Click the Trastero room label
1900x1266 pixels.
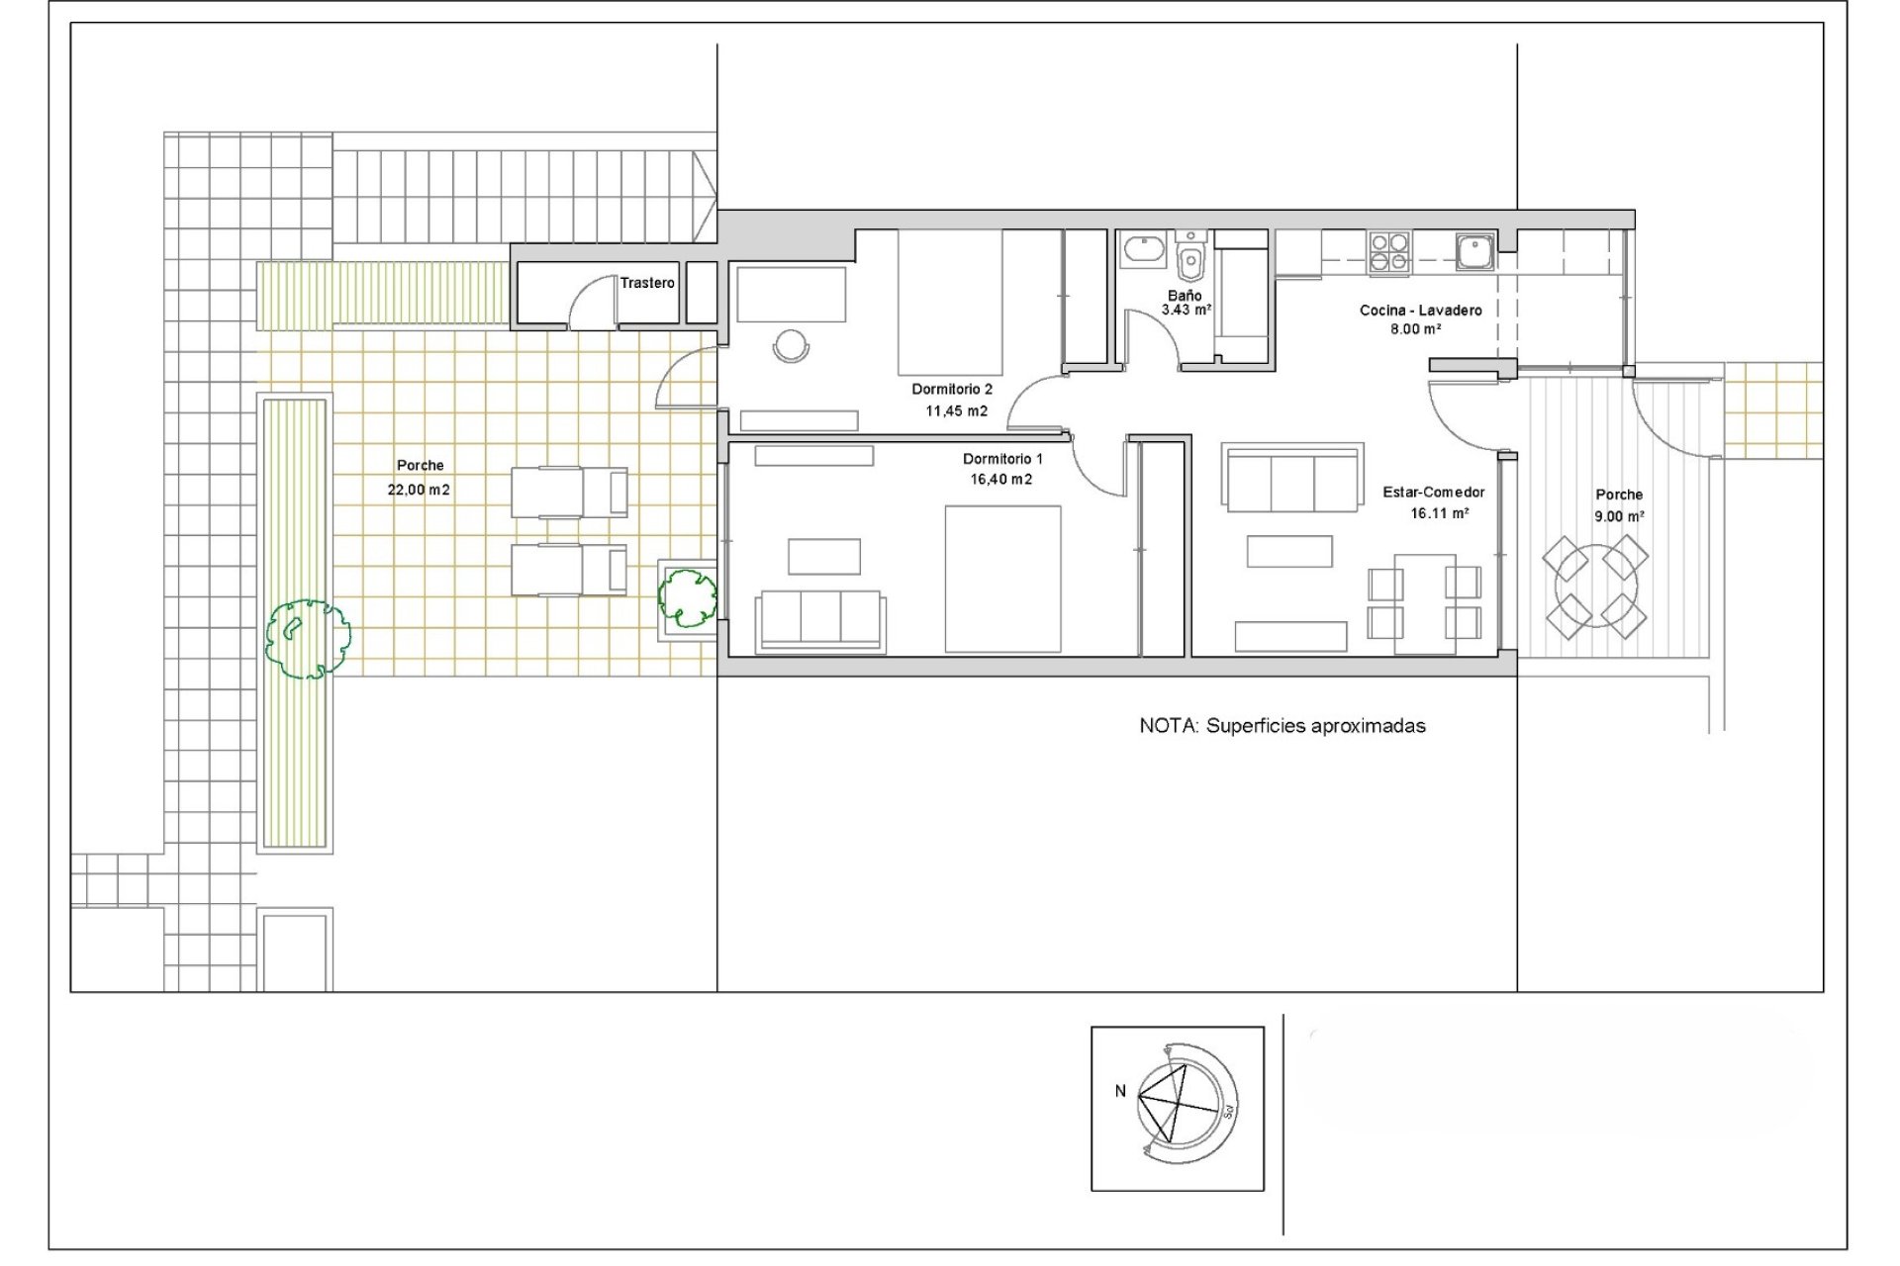coord(647,283)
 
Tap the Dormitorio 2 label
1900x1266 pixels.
coord(951,390)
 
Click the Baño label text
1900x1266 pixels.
coord(1185,296)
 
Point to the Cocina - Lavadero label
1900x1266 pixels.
coord(1420,311)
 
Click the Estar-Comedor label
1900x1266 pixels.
coord(1433,493)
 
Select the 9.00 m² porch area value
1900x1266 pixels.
coord(1619,516)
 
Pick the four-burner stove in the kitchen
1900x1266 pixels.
coord(1389,251)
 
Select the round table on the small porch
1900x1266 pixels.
coord(1595,588)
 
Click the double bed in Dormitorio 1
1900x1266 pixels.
coord(1002,579)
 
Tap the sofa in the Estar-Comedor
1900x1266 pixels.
coord(1292,480)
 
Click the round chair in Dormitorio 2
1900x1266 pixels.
coord(791,345)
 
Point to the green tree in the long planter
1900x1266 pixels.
coord(308,639)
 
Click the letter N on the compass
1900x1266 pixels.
coord(1120,1091)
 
